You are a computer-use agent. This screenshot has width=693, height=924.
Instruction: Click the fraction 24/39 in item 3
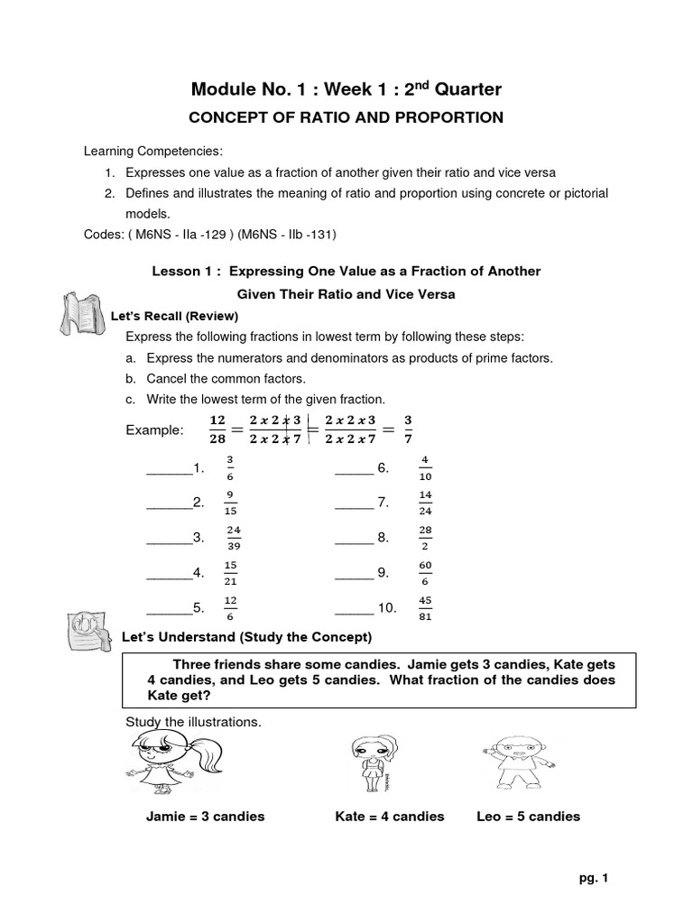pos(234,538)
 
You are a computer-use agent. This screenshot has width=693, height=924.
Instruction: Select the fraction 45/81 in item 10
pos(425,608)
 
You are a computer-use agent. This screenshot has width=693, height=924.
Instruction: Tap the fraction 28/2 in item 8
pos(425,538)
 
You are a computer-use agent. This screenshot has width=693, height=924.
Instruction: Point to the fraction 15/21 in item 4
pos(231,573)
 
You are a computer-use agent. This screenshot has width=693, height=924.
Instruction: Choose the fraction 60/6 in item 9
pos(425,573)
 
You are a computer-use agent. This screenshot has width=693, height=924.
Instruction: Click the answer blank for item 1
pos(169,469)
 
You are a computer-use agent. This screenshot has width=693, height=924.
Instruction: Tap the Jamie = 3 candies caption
pos(205,817)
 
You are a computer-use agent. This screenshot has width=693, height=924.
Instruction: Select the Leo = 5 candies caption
pos(528,817)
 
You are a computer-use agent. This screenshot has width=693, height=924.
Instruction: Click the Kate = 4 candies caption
pos(390,817)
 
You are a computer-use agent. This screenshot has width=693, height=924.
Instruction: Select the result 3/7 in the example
pos(408,429)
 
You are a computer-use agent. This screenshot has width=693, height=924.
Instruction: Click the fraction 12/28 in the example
pos(217,429)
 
